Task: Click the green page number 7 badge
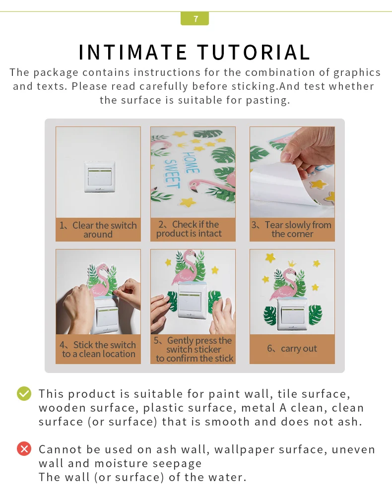[195, 18]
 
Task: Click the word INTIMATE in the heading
[133, 52]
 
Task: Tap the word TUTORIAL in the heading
[254, 52]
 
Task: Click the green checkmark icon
[24, 393]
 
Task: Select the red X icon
[24, 448]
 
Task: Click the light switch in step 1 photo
[100, 177]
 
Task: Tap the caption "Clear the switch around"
[98, 230]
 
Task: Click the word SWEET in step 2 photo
[172, 173]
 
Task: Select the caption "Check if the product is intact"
[189, 229]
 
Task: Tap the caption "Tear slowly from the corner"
[292, 229]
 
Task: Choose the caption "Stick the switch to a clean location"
[98, 349]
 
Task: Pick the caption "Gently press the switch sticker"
[193, 345]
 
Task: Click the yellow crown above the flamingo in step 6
[291, 263]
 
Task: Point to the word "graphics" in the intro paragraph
[357, 72]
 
